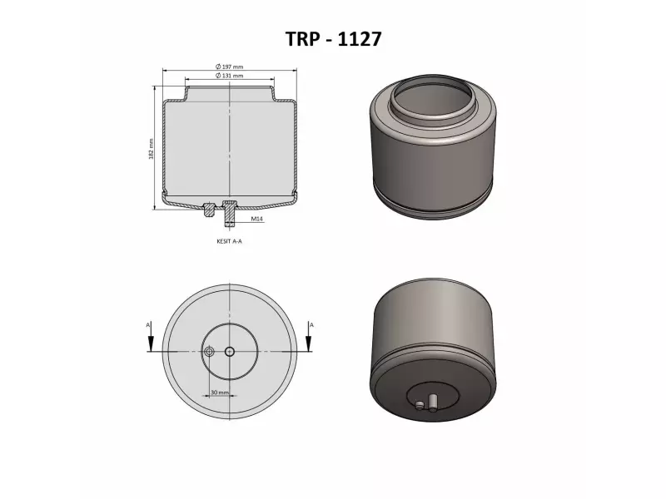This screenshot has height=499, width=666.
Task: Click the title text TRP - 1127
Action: point(333,38)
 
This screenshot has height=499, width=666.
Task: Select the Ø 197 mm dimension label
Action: point(229,67)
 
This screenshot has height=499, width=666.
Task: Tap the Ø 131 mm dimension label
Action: point(229,76)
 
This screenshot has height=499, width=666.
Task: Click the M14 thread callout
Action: point(257,220)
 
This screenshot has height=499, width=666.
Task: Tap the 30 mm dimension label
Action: point(219,391)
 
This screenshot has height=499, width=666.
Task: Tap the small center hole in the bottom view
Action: point(229,351)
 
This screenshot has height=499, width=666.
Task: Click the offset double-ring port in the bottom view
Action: point(210,351)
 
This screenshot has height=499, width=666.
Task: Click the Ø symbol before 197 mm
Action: point(217,67)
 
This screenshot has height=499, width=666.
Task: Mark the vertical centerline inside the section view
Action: point(229,141)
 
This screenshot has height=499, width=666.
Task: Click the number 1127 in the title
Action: point(359,38)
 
